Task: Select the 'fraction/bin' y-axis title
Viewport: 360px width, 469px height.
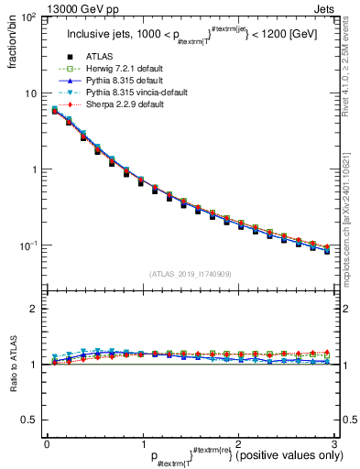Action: point(12,47)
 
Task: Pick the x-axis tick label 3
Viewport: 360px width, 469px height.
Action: point(334,444)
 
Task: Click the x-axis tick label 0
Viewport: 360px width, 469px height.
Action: point(47,444)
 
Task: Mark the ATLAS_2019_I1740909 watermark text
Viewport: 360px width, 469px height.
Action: point(191,274)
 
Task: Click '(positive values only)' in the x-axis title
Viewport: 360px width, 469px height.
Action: point(285,455)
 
